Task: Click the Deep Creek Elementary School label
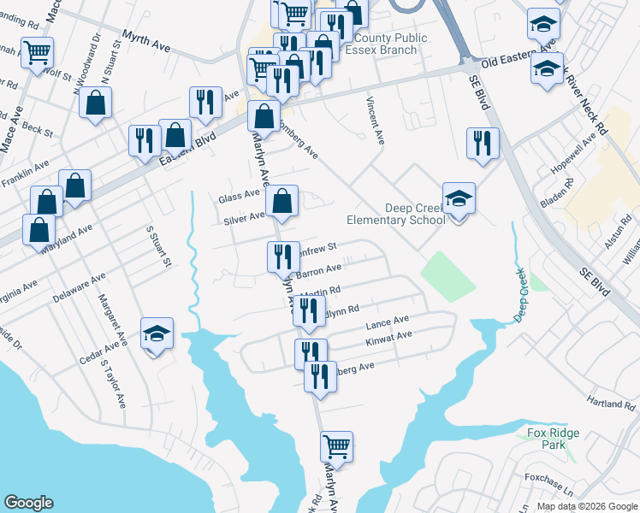(396, 214)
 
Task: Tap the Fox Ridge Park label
(548, 439)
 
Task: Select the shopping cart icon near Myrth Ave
(38, 53)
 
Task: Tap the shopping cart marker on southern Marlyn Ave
(337, 446)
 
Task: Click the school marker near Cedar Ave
(157, 333)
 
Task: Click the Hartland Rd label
(608, 400)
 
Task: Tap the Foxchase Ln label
(548, 479)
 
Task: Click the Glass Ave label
(239, 195)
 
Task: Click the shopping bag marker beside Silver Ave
(282, 202)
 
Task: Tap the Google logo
(28, 503)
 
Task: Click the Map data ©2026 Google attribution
(586, 506)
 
